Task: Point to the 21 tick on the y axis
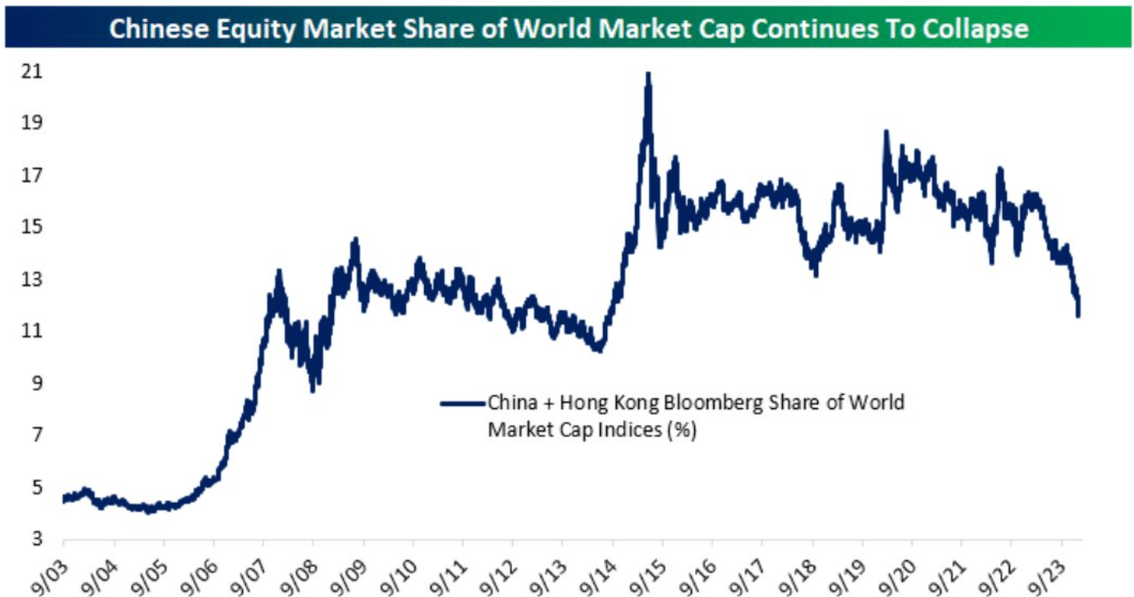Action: coord(31,71)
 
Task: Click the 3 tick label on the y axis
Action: coord(36,540)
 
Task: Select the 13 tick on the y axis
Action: coord(31,279)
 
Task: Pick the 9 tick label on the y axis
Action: coord(36,383)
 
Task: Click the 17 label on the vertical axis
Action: coord(31,176)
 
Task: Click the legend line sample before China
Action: coord(463,403)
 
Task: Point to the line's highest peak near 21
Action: coord(648,74)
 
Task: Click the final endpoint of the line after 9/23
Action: coord(1078,315)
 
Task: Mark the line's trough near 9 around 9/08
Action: coord(313,389)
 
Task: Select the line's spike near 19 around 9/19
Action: coord(885,131)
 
